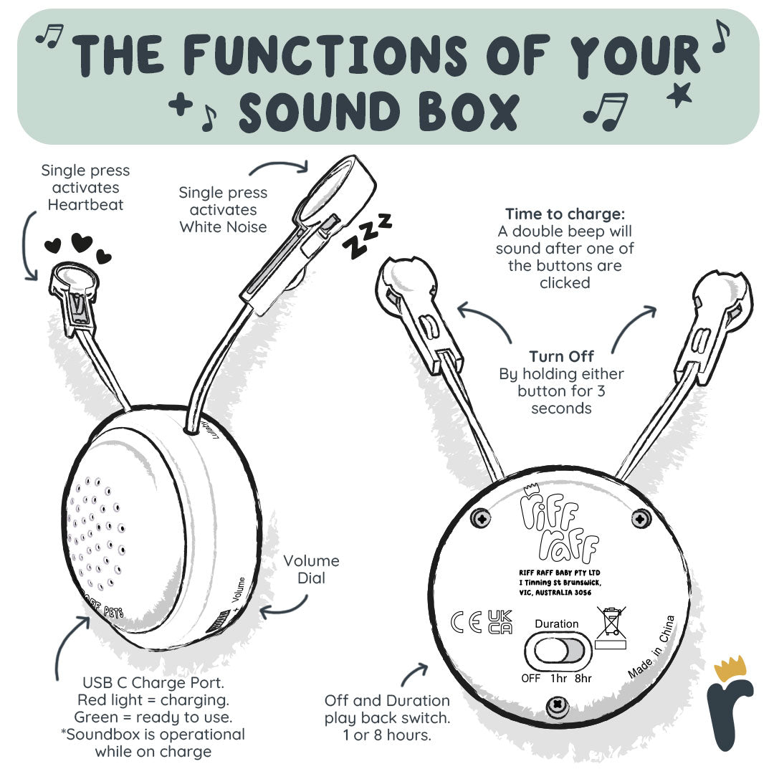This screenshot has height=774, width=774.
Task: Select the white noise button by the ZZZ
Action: pos(336,188)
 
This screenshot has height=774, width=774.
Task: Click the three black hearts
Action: pos(78,247)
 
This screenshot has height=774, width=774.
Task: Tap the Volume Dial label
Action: pos(311,569)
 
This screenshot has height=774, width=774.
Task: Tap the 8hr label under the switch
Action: pos(583,678)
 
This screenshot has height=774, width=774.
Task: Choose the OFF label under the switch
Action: pos(531,678)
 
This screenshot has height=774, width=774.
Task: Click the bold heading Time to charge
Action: pos(565,214)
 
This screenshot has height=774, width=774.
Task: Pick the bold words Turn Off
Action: pos(561,356)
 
